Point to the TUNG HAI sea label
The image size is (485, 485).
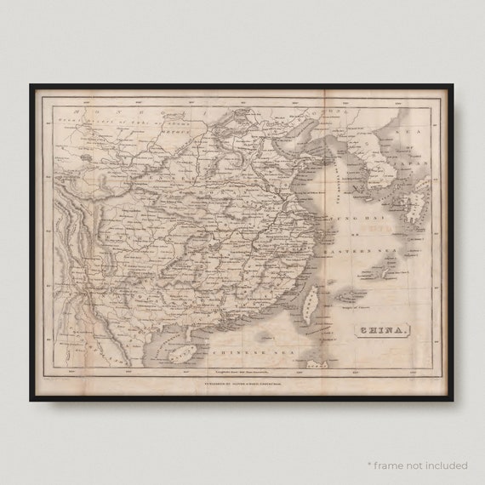[363, 219]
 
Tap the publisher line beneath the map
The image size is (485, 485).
[240, 382]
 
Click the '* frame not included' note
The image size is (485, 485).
[417, 465]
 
